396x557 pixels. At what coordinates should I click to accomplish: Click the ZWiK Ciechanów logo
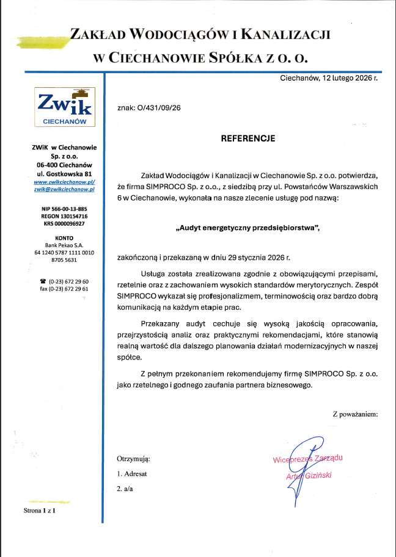[64, 107]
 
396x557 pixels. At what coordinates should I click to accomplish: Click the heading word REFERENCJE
[248, 138]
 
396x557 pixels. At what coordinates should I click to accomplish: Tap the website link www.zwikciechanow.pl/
[64, 182]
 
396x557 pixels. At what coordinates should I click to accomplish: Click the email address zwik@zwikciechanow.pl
[64, 190]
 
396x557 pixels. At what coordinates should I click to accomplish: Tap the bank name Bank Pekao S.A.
[64, 245]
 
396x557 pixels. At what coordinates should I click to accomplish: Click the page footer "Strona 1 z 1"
[39, 510]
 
